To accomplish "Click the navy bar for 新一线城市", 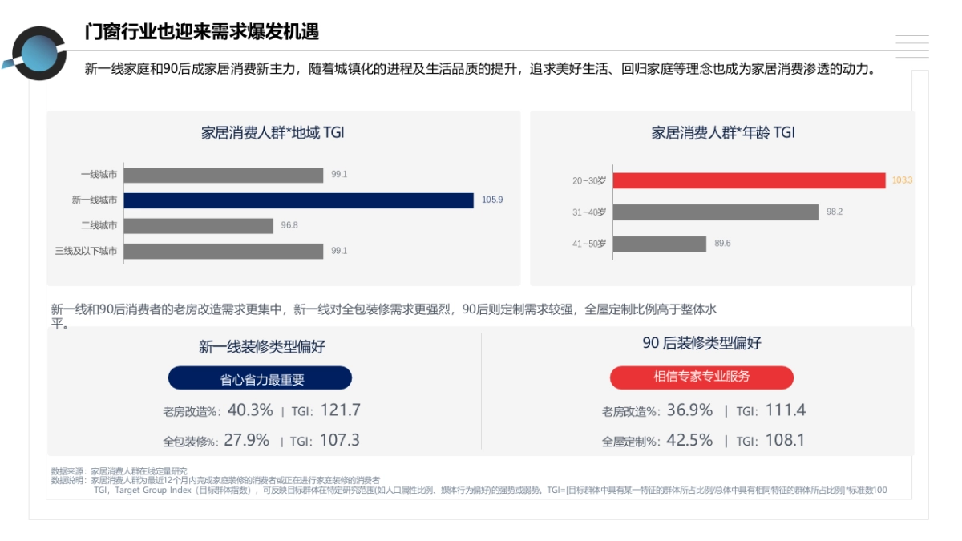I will [x=298, y=200].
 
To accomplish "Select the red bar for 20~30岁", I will [x=749, y=180].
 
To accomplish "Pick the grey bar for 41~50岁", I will [x=659, y=244].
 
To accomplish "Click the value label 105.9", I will [x=492, y=200].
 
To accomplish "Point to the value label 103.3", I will [x=902, y=180].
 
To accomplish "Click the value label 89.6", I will [x=722, y=244].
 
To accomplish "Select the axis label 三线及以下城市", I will [x=86, y=251].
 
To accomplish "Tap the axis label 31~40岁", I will [x=588, y=212].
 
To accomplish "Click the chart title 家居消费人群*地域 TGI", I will [x=273, y=133].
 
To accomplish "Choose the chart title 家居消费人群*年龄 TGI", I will [x=723, y=133].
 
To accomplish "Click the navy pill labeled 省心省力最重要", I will [x=260, y=379].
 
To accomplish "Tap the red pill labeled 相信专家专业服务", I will [x=701, y=377].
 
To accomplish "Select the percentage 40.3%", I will [x=250, y=410].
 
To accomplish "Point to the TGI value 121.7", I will [x=340, y=410].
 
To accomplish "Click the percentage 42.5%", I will [x=689, y=440].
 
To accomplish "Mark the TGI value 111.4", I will [x=785, y=410].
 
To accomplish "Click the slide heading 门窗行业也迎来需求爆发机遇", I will [x=202, y=31].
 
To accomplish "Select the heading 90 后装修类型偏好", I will [x=701, y=343].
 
